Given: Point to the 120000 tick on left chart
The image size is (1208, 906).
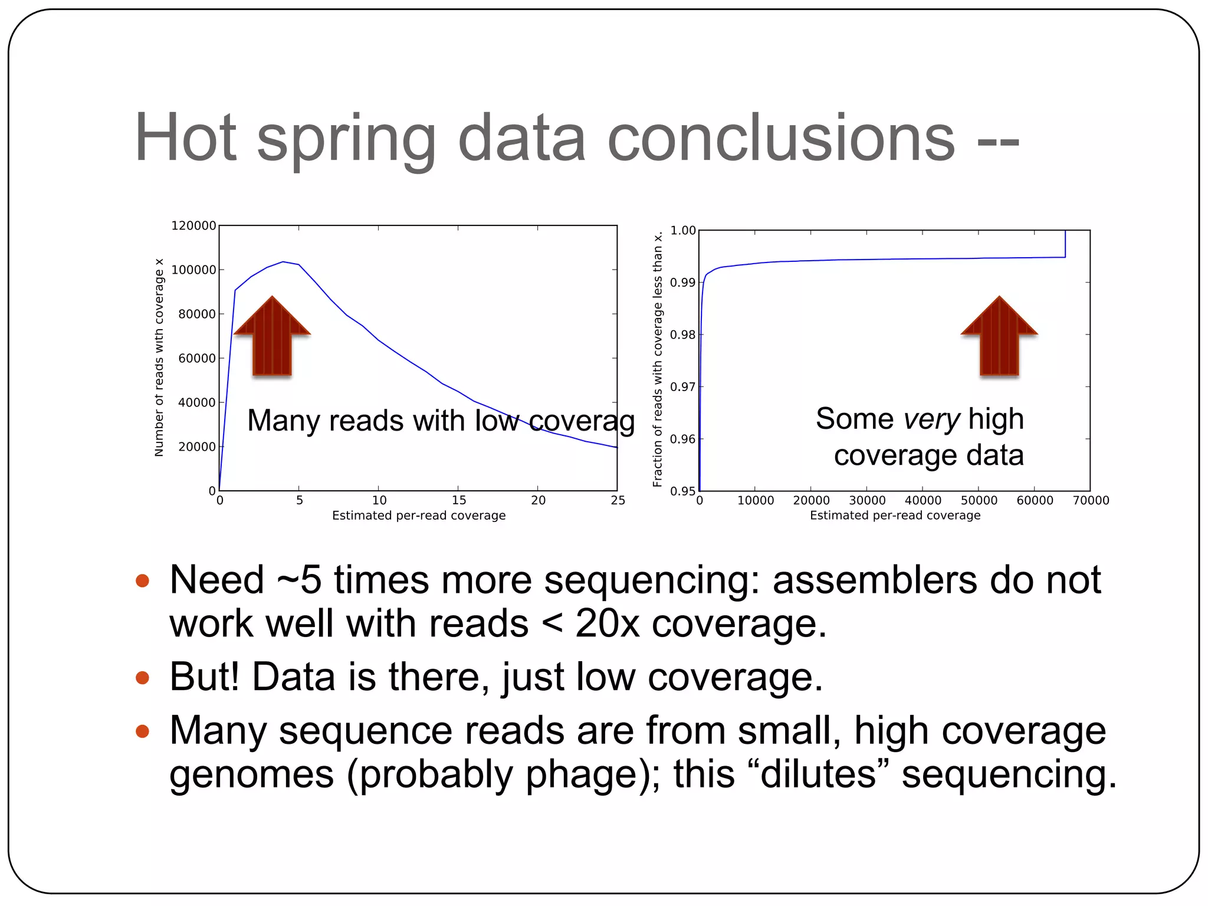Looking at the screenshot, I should pyautogui.click(x=193, y=226).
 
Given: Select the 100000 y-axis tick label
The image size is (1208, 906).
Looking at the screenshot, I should pyautogui.click(x=193, y=270).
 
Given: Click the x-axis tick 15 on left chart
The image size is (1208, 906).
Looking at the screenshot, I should pyautogui.click(x=459, y=501).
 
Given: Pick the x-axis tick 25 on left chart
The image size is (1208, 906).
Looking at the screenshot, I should pyautogui.click(x=618, y=501).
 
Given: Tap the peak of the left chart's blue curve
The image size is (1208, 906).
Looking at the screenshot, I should pyautogui.click(x=283, y=262).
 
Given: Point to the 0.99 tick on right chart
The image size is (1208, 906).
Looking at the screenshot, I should pyautogui.click(x=682, y=283).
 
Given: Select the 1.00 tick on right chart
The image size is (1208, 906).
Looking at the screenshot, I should pyautogui.click(x=682, y=231).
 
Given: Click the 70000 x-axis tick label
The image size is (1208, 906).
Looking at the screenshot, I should pyautogui.click(x=1091, y=501).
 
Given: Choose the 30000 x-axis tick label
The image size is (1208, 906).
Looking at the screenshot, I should pyautogui.click(x=867, y=501).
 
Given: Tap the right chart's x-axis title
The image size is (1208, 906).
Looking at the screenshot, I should pyautogui.click(x=895, y=516).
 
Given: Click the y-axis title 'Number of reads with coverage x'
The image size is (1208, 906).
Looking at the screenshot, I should pyautogui.click(x=159, y=357).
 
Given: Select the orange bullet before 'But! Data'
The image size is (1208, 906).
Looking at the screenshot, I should pyautogui.click(x=142, y=677).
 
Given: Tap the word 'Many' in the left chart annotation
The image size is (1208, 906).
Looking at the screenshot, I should pyautogui.click(x=284, y=421).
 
